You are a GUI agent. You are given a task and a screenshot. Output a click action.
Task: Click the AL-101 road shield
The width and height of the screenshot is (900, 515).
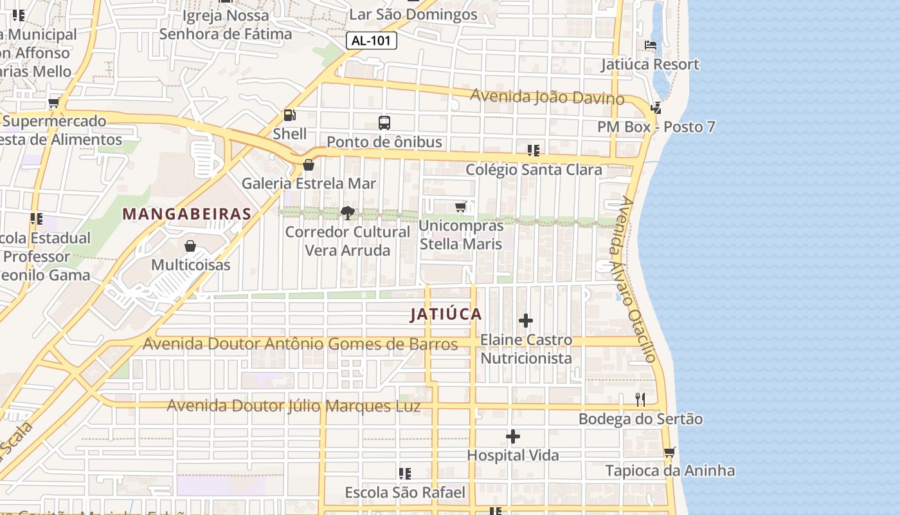pos(372,41)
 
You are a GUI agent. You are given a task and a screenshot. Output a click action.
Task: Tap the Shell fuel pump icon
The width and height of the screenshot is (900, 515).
pos(290,115)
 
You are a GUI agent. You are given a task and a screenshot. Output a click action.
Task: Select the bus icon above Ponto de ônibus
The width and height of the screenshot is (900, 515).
pos(384,122)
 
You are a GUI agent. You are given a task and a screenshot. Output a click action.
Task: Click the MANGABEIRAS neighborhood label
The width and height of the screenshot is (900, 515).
pos(186,214)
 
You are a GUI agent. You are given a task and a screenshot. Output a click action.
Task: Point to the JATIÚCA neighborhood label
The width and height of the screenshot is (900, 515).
pos(446,314)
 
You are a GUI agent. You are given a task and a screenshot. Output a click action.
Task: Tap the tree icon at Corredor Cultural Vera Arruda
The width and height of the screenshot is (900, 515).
pos(347,212)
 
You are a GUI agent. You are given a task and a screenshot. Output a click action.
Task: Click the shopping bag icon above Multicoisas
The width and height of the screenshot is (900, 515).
pos(190,246)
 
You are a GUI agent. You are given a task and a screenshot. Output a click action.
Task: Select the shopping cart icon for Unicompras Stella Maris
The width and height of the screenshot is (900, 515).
pos(460,207)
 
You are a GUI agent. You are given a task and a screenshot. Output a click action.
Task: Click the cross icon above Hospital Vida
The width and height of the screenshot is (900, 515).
pos(512,437)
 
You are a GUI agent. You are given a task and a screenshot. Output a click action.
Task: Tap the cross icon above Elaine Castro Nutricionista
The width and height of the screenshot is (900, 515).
pos(526,321)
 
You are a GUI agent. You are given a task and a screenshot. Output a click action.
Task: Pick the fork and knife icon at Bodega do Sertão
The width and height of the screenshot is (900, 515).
pos(640,400)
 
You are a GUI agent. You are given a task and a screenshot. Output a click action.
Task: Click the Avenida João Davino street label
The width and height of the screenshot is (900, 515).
pos(547,97)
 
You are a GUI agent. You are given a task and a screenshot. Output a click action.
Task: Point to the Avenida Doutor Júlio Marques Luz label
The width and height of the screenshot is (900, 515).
pos(294,406)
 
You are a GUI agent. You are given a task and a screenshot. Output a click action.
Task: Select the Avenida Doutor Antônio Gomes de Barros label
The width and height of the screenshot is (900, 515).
pos(300,344)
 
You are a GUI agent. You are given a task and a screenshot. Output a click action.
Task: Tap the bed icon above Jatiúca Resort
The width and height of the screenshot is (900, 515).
pos(651,45)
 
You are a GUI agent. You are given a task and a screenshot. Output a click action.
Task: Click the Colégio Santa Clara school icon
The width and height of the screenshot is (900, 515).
pos(533,151)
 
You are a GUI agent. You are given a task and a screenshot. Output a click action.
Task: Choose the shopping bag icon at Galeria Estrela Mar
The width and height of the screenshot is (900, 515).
pos(309,165)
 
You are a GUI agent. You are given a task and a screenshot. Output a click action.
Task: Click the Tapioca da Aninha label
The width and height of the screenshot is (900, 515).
pos(670,471)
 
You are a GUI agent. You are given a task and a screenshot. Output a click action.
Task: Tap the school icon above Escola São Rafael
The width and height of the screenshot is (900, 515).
pos(404,474)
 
